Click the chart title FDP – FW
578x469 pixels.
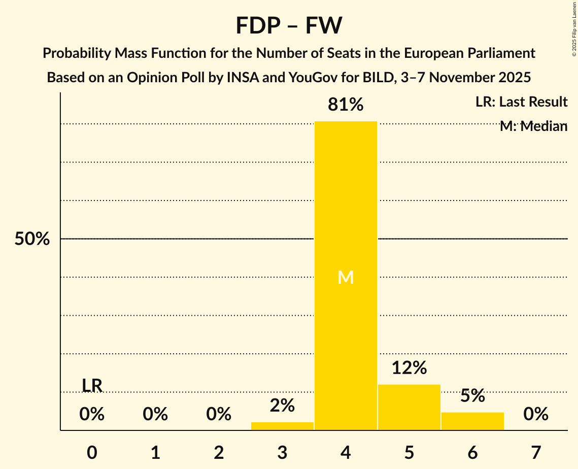click(x=289, y=25)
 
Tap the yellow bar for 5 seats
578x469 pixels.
click(x=409, y=407)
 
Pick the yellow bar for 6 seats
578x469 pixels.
click(x=472, y=421)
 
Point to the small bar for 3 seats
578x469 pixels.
click(x=282, y=426)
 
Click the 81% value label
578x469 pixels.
click(x=346, y=105)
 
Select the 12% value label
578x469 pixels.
click(x=409, y=368)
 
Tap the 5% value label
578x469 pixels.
click(x=472, y=396)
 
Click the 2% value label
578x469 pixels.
click(x=282, y=406)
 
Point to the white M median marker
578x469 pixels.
click(x=346, y=277)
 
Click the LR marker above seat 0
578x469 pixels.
click(x=92, y=386)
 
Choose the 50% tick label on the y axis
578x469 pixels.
click(x=32, y=239)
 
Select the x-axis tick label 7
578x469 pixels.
click(x=536, y=452)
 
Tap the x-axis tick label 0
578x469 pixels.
click(x=92, y=452)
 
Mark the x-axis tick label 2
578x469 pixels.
click(x=219, y=452)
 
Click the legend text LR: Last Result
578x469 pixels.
click(x=521, y=102)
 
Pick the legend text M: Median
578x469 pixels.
click(x=533, y=126)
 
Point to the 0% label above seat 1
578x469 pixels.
click(x=155, y=415)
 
